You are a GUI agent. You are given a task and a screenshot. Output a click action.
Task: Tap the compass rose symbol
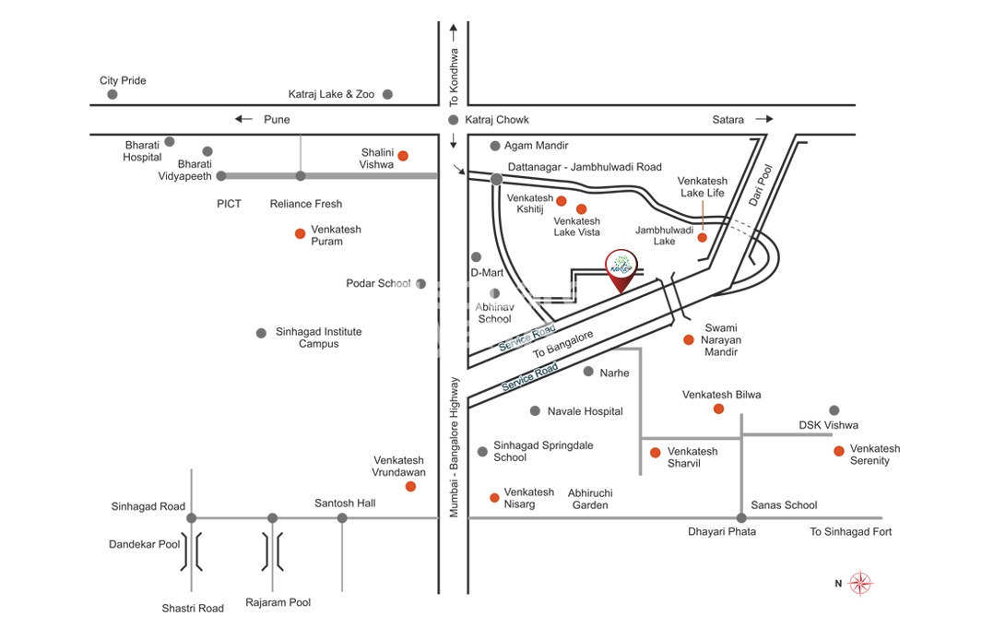tap(860, 583)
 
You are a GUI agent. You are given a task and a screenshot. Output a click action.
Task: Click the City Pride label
tap(123, 81)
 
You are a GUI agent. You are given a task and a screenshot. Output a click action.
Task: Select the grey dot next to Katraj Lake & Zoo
tap(388, 94)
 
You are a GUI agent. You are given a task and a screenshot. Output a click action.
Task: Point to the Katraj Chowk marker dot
tap(453, 120)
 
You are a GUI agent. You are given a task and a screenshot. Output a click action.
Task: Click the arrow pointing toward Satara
tap(763, 119)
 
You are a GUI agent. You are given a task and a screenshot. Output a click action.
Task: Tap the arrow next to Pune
tap(243, 119)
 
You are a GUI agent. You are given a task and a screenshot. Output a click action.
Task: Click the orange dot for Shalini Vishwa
tap(403, 156)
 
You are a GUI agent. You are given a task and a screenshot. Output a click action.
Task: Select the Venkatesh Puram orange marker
tap(300, 234)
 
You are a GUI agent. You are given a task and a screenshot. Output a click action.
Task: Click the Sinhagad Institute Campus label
tap(318, 338)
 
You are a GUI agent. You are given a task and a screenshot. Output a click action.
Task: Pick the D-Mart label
tap(487, 273)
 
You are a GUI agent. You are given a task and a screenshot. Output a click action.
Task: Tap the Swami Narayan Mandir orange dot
tap(688, 340)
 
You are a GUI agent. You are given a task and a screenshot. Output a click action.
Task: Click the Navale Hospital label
tap(585, 411)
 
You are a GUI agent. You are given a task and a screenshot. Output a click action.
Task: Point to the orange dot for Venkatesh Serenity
tap(838, 451)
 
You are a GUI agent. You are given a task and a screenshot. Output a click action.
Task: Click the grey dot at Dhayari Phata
tap(741, 518)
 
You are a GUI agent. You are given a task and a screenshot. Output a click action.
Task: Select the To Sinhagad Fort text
tap(850, 532)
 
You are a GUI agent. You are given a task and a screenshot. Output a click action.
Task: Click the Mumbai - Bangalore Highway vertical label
tap(454, 446)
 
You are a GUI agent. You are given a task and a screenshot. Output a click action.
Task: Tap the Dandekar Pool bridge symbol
tap(192, 551)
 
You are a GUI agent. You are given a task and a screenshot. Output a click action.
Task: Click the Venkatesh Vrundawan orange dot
tap(410, 486)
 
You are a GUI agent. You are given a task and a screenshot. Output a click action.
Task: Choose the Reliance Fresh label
tap(305, 204)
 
